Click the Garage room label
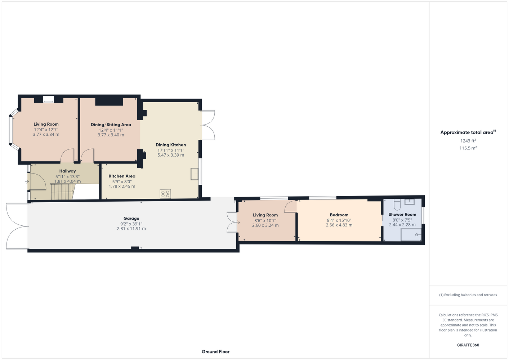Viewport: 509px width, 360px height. [131, 218]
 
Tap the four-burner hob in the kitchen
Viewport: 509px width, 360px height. [165, 194]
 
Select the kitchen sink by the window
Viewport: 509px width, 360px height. [195, 174]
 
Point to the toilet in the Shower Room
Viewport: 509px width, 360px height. [397, 204]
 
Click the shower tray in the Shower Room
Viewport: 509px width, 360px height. [411, 234]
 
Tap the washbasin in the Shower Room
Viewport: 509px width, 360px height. [410, 202]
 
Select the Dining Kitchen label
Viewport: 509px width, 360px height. [171, 145]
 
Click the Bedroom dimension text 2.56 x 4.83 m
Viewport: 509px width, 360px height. [339, 225]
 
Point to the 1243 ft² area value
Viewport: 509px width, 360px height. [468, 141]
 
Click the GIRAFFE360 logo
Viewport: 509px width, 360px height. [468, 345]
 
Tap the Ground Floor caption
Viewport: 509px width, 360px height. [216, 352]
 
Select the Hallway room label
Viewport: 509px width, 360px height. [67, 171]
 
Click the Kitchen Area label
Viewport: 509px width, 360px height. [122, 176]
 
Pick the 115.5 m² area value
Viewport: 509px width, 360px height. [468, 148]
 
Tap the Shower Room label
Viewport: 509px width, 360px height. [402, 215]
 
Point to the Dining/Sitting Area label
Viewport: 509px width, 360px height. [111, 125]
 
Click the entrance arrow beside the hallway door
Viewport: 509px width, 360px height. [27, 181]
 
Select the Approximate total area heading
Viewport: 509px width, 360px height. [468, 132]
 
